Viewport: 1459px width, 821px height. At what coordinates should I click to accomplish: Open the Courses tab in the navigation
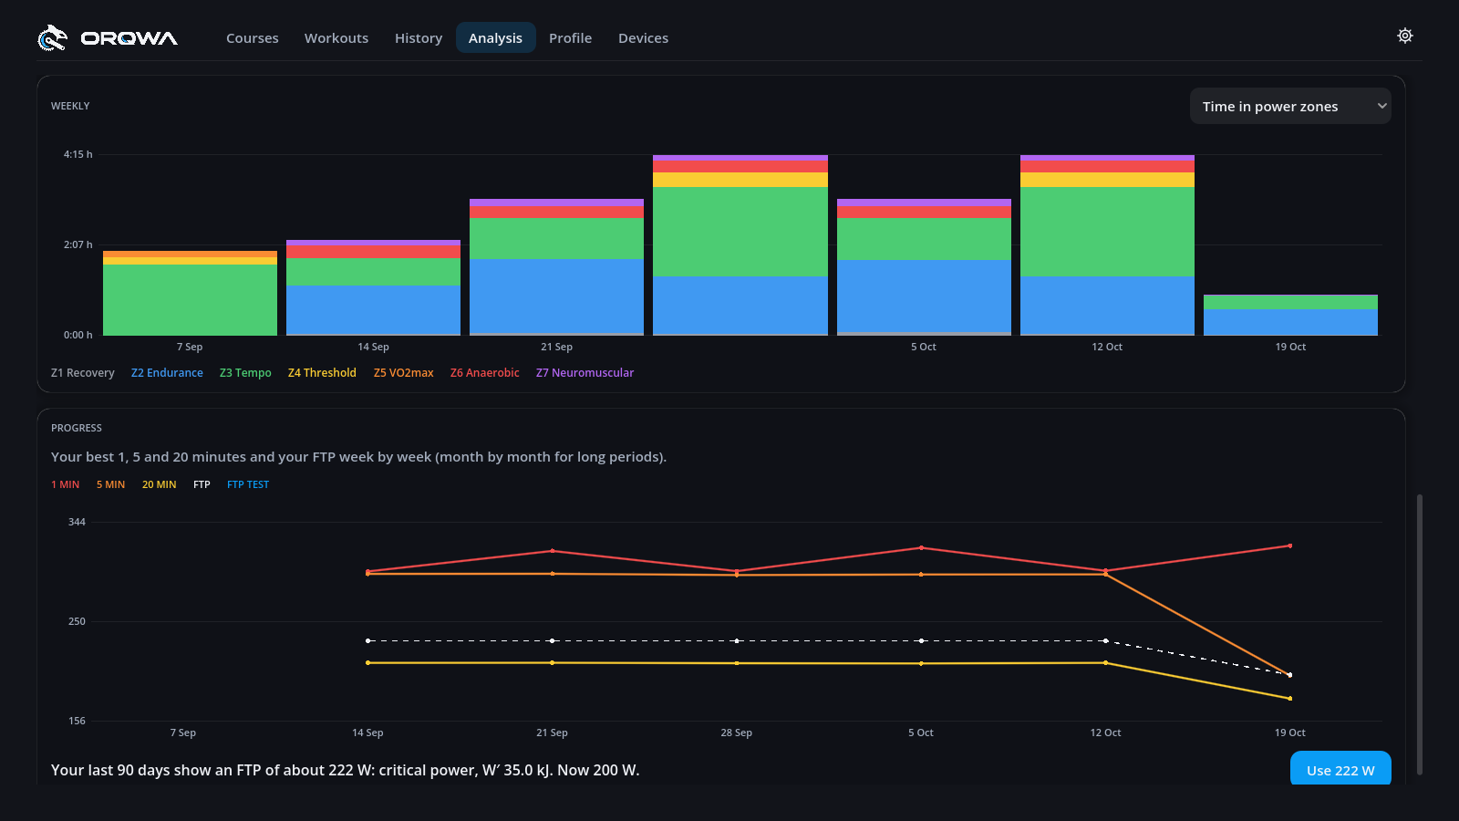pyautogui.click(x=252, y=37)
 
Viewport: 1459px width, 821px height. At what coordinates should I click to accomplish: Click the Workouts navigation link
pyautogui.click(x=336, y=37)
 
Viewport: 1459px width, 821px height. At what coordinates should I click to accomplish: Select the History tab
pyautogui.click(x=419, y=37)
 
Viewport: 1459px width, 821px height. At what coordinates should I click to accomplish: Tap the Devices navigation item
pyautogui.click(x=643, y=37)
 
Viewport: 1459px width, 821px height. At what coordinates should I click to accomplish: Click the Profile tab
pyautogui.click(x=570, y=37)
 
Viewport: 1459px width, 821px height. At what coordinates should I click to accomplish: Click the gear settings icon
pyautogui.click(x=1405, y=36)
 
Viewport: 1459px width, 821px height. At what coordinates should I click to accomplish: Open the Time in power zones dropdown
pyautogui.click(x=1290, y=106)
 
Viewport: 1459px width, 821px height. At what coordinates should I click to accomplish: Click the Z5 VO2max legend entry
pyautogui.click(x=403, y=373)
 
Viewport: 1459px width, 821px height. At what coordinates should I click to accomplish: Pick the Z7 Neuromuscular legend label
pyautogui.click(x=585, y=373)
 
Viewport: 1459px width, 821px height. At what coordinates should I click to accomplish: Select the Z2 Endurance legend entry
pyautogui.click(x=167, y=373)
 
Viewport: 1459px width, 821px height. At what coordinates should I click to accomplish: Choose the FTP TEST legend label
pyautogui.click(x=247, y=484)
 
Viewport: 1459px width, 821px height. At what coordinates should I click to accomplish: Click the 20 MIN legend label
pyautogui.click(x=159, y=484)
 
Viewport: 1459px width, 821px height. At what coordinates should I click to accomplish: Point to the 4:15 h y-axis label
pyautogui.click(x=78, y=154)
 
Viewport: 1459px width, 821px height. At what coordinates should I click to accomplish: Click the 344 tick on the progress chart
pyautogui.click(x=77, y=522)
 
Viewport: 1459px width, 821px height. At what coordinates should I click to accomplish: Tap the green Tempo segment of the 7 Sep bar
pyautogui.click(x=191, y=300)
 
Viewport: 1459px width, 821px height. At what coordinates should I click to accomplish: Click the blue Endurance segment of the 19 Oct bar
pyautogui.click(x=1290, y=322)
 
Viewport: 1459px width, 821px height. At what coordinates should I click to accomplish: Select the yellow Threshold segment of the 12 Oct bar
pyautogui.click(x=1107, y=180)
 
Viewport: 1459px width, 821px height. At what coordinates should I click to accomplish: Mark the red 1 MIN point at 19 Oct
pyautogui.click(x=1290, y=546)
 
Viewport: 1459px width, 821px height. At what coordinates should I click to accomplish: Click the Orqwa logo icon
pyautogui.click(x=52, y=37)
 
